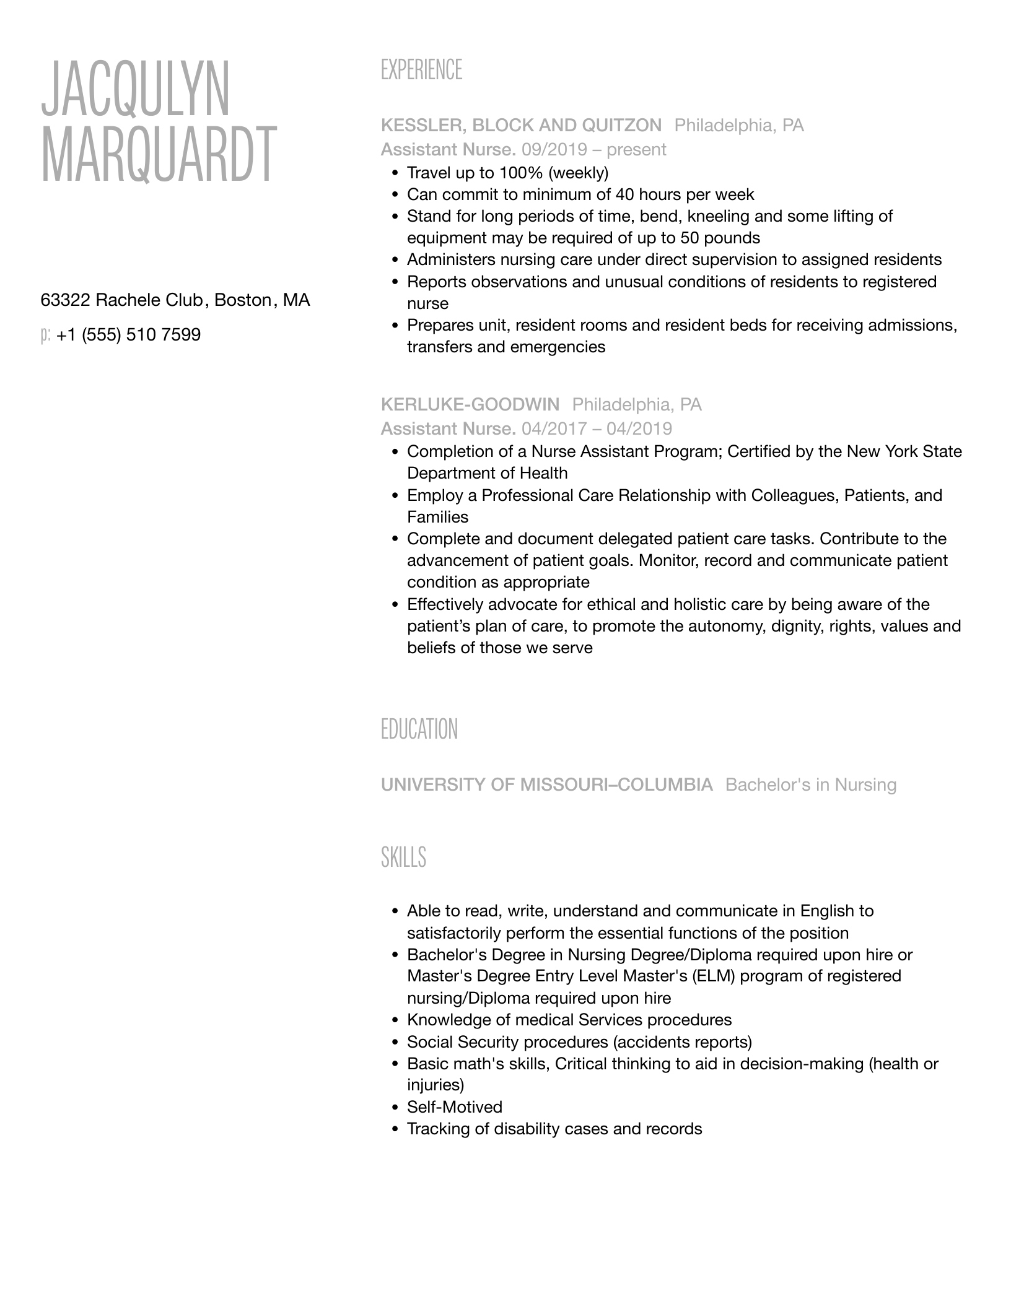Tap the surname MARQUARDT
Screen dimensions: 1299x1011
coord(159,154)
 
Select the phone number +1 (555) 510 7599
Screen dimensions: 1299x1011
coord(128,335)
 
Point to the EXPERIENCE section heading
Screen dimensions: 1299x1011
coord(421,70)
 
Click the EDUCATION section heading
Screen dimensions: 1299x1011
coord(419,729)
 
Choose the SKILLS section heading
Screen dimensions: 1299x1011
coord(403,858)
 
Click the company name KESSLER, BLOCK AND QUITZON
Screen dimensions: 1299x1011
coord(521,126)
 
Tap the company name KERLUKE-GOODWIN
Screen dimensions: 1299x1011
coord(470,405)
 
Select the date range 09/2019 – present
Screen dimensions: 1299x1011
coord(593,150)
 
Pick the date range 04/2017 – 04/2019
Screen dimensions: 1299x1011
coord(597,428)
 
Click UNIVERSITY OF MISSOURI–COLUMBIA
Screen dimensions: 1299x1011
coord(546,785)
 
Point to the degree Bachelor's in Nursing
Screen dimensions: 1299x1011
coord(810,785)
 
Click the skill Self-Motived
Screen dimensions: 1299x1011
coord(454,1107)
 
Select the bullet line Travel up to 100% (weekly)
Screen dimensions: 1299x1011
coord(507,173)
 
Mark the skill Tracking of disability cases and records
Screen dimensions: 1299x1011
coord(554,1129)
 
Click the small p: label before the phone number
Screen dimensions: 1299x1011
coord(45,335)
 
